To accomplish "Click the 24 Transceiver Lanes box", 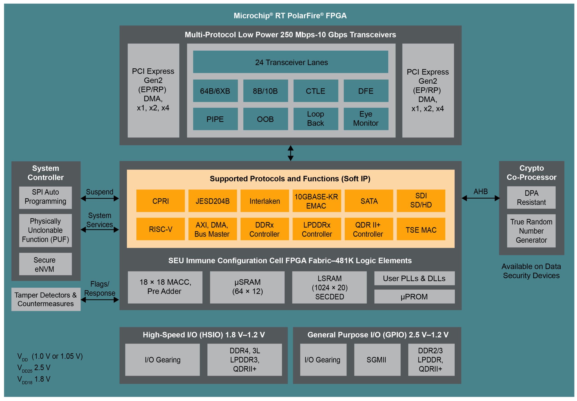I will pyautogui.click(x=290, y=62).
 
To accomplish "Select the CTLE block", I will pyautogui.click(x=315, y=91).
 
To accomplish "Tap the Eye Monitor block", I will pyautogui.click(x=365, y=119).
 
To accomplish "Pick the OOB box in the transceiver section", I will pyautogui.click(x=265, y=119).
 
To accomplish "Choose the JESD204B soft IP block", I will pyautogui.click(x=212, y=201).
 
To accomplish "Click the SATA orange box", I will pyautogui.click(x=369, y=201).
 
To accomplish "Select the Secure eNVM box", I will pyautogui.click(x=45, y=264).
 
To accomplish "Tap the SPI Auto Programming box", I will pyautogui.click(x=45, y=197).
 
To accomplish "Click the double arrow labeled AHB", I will pyautogui.click(x=480, y=198).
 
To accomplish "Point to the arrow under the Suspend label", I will pyautogui.click(x=99, y=199).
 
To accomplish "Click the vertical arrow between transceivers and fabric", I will pyautogui.click(x=290, y=153).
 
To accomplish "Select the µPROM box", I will pyautogui.click(x=414, y=297).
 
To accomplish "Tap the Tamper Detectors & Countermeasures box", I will pyautogui.click(x=46, y=299).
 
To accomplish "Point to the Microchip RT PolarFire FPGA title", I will pyautogui.click(x=290, y=16).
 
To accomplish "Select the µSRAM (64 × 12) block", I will pyautogui.click(x=247, y=287).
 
